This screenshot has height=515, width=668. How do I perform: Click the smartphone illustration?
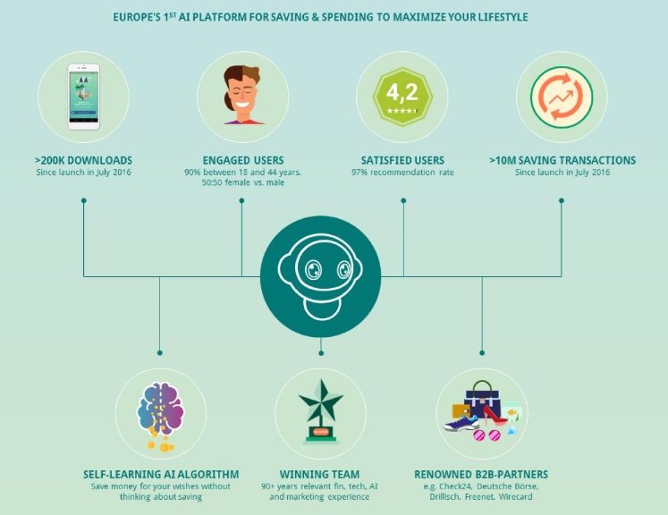tap(83, 97)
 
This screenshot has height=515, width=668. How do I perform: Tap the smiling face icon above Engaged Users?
tap(243, 95)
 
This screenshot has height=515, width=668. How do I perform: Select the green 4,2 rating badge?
tap(402, 97)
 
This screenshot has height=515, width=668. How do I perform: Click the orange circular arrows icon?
tap(562, 97)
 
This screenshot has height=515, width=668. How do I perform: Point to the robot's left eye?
tap(314, 270)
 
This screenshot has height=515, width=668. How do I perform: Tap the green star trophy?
tap(321, 411)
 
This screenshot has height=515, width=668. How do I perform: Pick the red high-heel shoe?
tap(495, 415)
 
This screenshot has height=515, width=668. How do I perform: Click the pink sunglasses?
tap(486, 435)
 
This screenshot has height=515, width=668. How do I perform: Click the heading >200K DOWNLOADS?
tap(83, 161)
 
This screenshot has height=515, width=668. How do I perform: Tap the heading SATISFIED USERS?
tap(402, 161)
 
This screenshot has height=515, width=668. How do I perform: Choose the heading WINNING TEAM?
tap(319, 475)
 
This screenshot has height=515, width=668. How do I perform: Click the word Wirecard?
tap(515, 497)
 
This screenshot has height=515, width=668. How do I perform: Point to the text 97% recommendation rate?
tap(402, 173)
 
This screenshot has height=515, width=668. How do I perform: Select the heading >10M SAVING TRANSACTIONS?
tap(562, 161)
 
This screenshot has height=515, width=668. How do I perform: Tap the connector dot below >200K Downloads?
tap(84, 200)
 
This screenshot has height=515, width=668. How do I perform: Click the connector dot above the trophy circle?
tap(321, 353)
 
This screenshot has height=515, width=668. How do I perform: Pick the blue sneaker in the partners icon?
tap(461, 423)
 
